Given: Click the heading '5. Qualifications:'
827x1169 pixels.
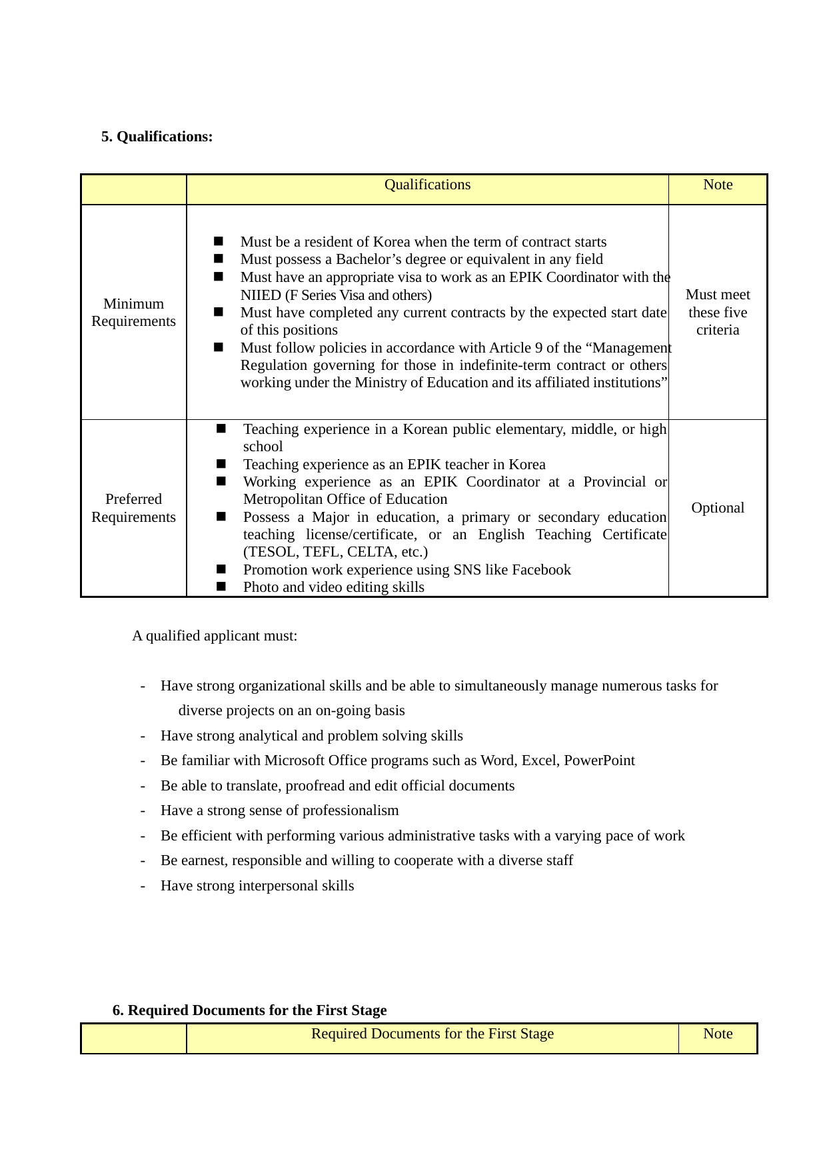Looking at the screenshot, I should tap(157, 137).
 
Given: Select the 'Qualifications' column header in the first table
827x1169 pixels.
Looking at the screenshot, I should tap(427, 185).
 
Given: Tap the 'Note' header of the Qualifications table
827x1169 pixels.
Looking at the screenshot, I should tap(718, 185).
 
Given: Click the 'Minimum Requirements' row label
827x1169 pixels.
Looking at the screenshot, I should tap(133, 313).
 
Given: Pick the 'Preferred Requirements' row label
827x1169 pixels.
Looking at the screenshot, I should tap(133, 508).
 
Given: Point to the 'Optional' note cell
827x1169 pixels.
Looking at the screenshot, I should tap(718, 508).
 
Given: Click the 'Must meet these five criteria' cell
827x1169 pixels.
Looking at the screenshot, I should tap(718, 313).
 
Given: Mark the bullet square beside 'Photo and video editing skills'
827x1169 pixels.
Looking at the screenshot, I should tap(221, 586).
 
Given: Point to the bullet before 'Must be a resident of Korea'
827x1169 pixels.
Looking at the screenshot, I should tap(219, 241).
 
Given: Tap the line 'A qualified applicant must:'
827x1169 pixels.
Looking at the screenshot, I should tap(215, 636).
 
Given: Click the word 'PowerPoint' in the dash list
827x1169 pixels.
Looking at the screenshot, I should tap(599, 760).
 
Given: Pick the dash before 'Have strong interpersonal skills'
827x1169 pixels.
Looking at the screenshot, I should tap(143, 886).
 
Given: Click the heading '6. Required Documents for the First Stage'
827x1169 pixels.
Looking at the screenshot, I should tap(249, 1010).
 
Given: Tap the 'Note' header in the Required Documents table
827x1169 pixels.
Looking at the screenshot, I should tap(718, 1034).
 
